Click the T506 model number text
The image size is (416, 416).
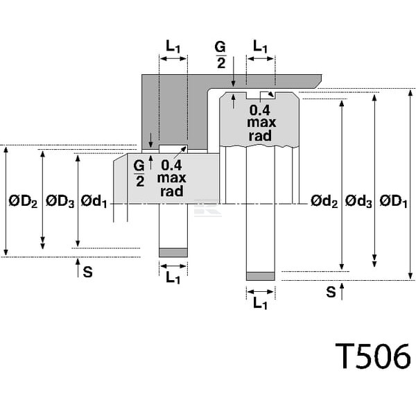[373, 356]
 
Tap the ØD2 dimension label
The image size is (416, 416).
[23, 201]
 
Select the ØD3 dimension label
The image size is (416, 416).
[60, 201]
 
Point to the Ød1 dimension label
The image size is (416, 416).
[94, 201]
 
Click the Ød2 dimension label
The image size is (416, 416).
[324, 201]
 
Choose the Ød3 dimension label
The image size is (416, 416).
[358, 201]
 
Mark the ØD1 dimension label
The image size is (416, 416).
[393, 201]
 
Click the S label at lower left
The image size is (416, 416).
[88, 272]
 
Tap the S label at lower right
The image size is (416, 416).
[331, 292]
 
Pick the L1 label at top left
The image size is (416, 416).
[173, 46]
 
